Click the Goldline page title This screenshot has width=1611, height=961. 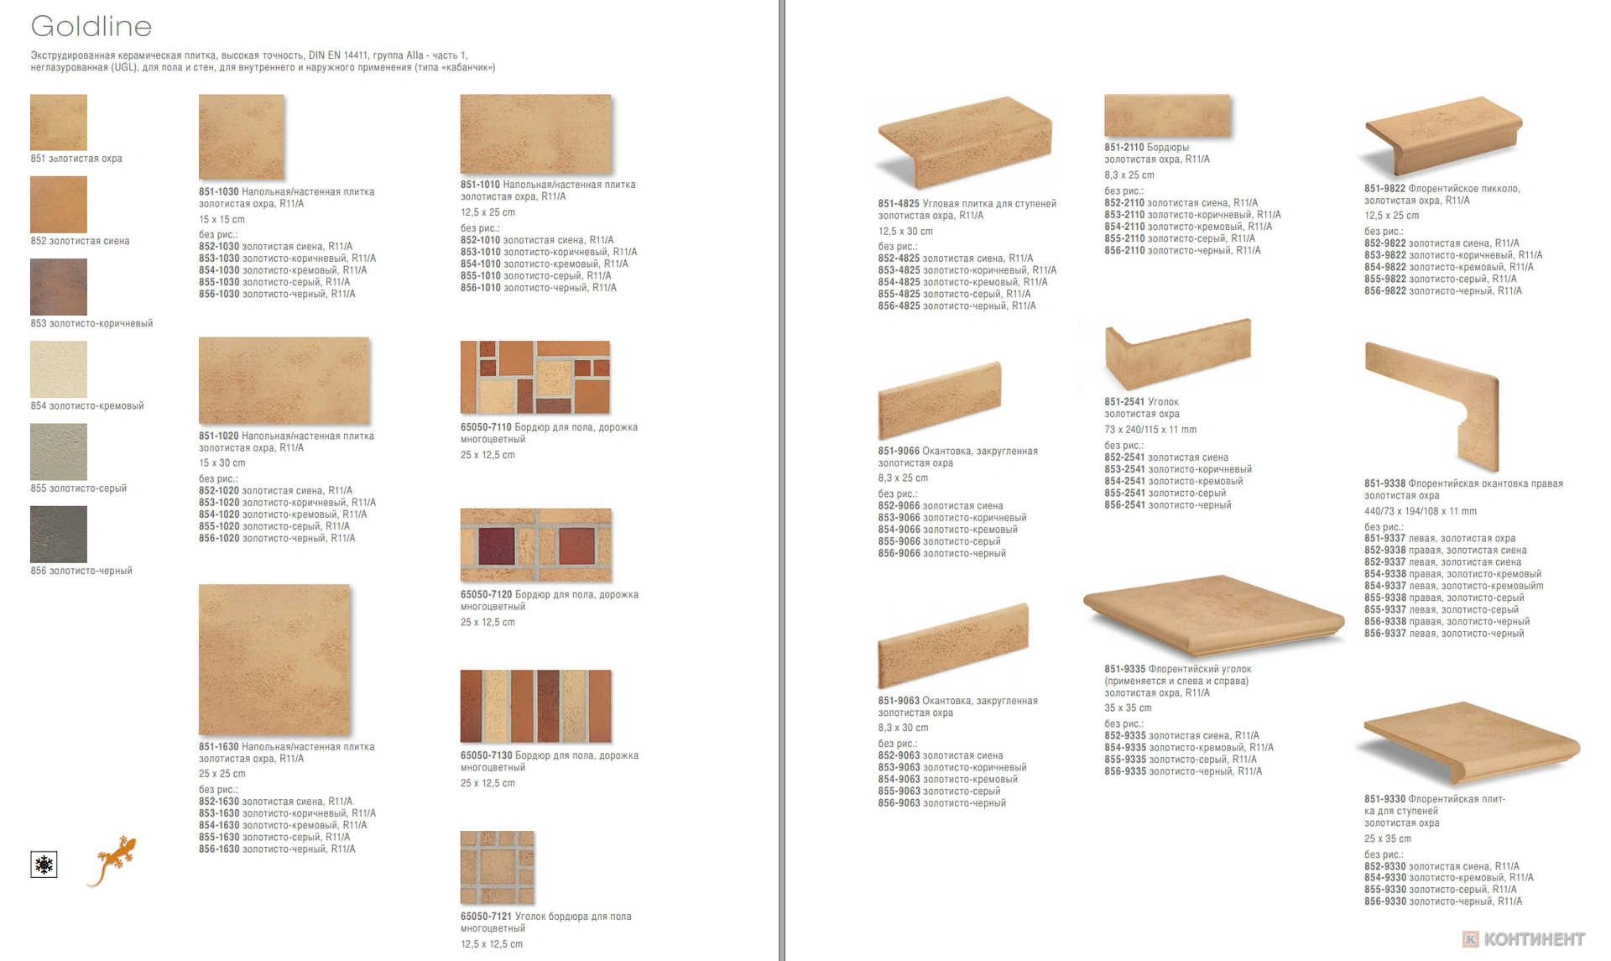pos(91,26)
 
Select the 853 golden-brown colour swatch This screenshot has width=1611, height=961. pos(59,287)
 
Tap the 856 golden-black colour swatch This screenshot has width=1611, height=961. pos(59,534)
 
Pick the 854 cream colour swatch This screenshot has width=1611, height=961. pos(59,369)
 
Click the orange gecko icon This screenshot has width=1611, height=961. pos(111,859)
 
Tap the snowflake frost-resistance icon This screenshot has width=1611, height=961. pos(44,864)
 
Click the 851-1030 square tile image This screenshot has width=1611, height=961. pos(242,136)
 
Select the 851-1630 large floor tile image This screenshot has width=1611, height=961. pos(274,660)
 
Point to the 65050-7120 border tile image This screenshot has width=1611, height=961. pos(535,545)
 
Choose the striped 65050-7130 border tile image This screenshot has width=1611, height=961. pos(535,706)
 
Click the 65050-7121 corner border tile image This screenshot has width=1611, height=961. pos(498,867)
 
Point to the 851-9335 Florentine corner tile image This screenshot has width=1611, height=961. pos(1212,616)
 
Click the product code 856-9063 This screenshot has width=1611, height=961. pos(899,803)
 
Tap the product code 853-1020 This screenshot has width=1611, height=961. pos(219,503)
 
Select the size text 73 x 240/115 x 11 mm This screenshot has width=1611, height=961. pos(1150,430)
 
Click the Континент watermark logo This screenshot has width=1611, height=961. pos(1524,939)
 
